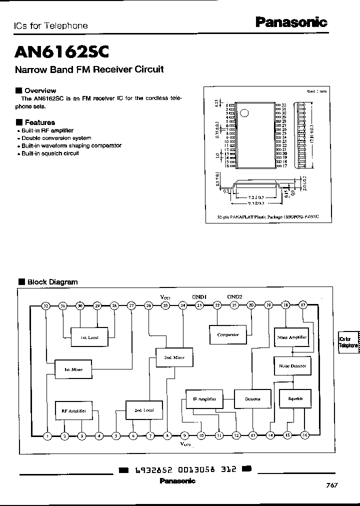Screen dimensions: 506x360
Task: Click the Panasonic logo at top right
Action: point(291,22)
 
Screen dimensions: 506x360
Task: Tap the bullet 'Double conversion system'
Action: point(56,138)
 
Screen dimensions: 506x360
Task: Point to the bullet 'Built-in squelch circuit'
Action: point(50,153)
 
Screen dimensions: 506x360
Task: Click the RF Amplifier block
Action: point(73,410)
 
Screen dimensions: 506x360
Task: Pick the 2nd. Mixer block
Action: point(174,357)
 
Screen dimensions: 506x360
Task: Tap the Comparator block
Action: point(228,334)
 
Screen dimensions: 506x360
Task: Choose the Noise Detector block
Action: point(292,365)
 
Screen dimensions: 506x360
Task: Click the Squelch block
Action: point(292,398)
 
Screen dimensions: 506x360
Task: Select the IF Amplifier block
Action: point(204,399)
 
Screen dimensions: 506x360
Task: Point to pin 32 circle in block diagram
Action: point(46,305)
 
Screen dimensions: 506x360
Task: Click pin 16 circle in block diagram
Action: point(304,435)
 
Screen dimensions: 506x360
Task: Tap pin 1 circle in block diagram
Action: point(47,435)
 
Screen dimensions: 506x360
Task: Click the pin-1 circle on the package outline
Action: point(244,112)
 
